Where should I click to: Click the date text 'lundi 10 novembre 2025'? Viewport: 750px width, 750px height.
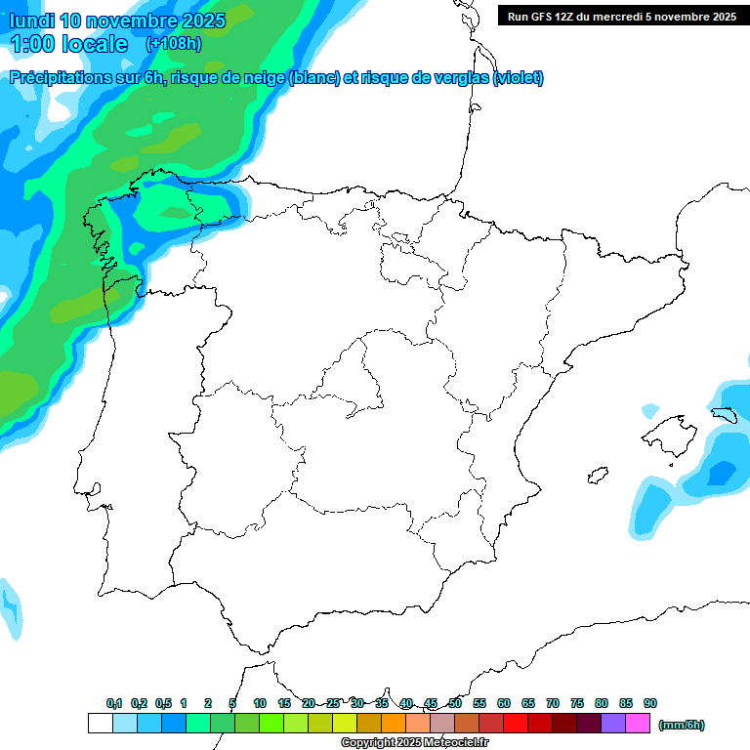coord(117,21)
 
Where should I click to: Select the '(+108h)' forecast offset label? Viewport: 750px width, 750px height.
coord(173,43)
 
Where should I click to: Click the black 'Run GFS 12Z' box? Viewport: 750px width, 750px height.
coord(621,16)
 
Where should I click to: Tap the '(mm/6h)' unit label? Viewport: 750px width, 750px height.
coord(681,725)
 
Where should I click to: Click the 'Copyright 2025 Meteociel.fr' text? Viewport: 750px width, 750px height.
coord(415,743)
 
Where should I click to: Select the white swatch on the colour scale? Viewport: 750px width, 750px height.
coord(100,724)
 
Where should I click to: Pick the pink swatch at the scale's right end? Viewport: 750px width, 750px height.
coord(638,724)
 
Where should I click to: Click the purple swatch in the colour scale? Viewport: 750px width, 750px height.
coord(613,724)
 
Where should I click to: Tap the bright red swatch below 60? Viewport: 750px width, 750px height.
coord(516,724)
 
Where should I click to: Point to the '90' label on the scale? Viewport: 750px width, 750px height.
coord(650,703)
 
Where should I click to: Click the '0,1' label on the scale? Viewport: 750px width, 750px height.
coord(114,703)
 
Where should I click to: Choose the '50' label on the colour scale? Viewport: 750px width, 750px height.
coord(455,703)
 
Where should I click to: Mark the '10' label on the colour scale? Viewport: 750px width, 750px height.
coord(260,703)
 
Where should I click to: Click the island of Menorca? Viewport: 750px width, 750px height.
coord(724,414)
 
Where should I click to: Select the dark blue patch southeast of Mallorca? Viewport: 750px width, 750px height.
coord(722,473)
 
